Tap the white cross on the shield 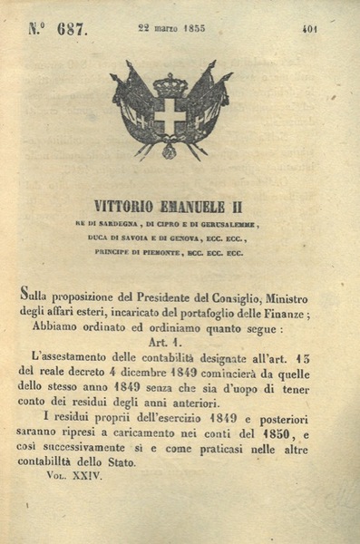[x=170, y=116]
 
